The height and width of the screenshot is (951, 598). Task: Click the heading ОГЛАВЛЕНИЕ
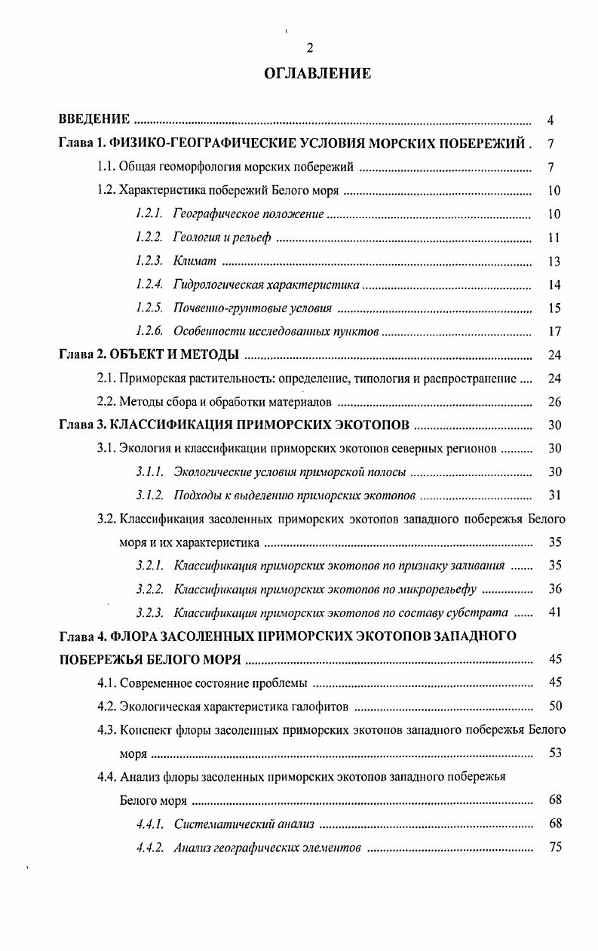[317, 73]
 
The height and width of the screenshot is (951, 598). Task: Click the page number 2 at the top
[309, 48]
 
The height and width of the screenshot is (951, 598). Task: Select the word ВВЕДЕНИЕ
[95, 120]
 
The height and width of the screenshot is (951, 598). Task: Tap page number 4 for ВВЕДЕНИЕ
[551, 120]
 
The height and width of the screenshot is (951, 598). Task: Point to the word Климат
[195, 261]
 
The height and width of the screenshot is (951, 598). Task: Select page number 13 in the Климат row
[554, 262]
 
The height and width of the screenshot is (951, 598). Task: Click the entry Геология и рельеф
[221, 238]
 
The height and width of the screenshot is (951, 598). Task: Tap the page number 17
[554, 332]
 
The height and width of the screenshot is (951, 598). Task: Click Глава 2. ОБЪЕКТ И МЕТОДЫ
[149, 354]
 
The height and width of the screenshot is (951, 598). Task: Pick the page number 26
[554, 402]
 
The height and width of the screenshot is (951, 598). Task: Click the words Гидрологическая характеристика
[266, 285]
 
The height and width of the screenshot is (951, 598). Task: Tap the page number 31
[554, 495]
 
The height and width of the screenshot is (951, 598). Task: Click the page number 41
[554, 612]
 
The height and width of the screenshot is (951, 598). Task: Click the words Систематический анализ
[244, 824]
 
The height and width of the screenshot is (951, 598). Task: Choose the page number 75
[555, 847]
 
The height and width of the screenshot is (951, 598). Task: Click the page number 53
[555, 753]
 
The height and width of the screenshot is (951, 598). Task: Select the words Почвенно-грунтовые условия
[253, 308]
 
